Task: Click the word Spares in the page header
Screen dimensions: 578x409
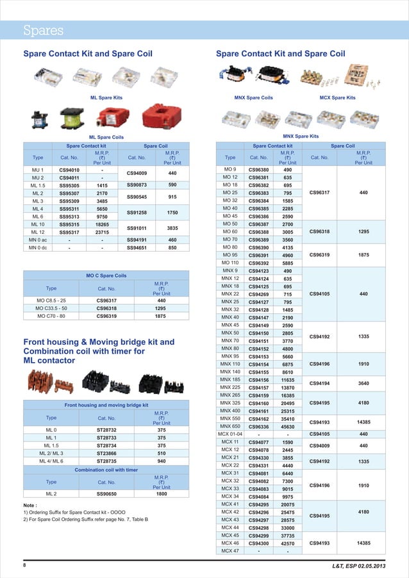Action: click(x=43, y=30)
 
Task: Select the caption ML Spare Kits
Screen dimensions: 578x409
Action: click(x=106, y=97)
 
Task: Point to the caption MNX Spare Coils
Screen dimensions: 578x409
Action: click(x=255, y=97)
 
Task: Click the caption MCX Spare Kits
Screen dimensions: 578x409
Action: click(x=337, y=97)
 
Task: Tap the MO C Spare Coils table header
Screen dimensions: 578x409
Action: click(x=106, y=276)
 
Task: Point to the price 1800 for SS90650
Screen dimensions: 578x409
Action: click(x=162, y=494)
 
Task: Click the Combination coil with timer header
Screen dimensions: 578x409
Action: click(x=106, y=470)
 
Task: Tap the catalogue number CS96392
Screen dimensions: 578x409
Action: click(x=259, y=263)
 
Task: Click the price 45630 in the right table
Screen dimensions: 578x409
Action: click(x=288, y=426)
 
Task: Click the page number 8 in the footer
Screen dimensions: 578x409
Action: click(x=24, y=565)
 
